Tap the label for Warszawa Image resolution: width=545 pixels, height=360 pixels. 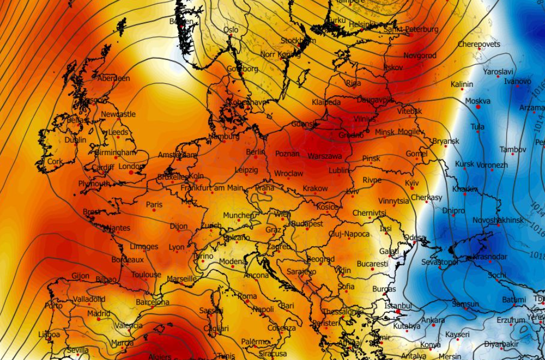[x=325, y=156]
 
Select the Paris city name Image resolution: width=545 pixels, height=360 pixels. [x=154, y=205]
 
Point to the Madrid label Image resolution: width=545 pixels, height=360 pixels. [x=99, y=314]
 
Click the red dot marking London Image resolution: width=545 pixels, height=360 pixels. [x=131, y=173]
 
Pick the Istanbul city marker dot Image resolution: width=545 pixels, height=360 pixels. [x=398, y=312]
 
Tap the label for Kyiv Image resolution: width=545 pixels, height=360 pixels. [x=412, y=184]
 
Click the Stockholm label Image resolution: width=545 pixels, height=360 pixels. [x=298, y=41]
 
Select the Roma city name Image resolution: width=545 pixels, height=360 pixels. [x=247, y=296]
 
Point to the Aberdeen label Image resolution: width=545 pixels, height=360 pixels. [x=114, y=78]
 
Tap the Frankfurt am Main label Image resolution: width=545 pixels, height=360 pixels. [x=212, y=188]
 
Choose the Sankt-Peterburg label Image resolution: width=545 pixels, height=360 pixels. [x=411, y=29]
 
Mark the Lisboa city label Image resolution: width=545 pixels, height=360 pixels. [x=49, y=334]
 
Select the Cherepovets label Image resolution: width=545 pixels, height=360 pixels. [x=479, y=44]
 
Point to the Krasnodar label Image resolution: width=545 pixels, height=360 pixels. [x=489, y=257]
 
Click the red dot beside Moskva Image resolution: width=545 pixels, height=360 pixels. [x=479, y=107]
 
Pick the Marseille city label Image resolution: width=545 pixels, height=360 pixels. [x=181, y=279]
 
